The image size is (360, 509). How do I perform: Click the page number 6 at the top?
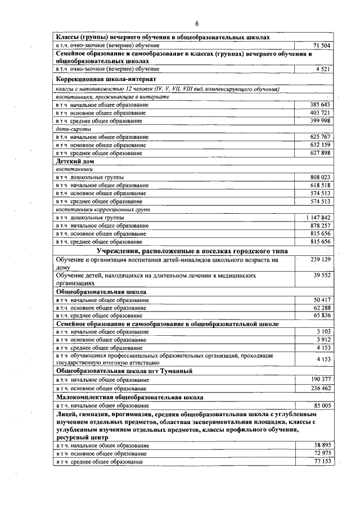[x=197, y=24]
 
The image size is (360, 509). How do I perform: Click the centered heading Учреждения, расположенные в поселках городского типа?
[x=192, y=250]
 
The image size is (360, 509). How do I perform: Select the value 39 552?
[x=321, y=276]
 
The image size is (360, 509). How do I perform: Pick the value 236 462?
[x=320, y=389]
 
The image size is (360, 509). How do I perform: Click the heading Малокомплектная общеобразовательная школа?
[x=130, y=397]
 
